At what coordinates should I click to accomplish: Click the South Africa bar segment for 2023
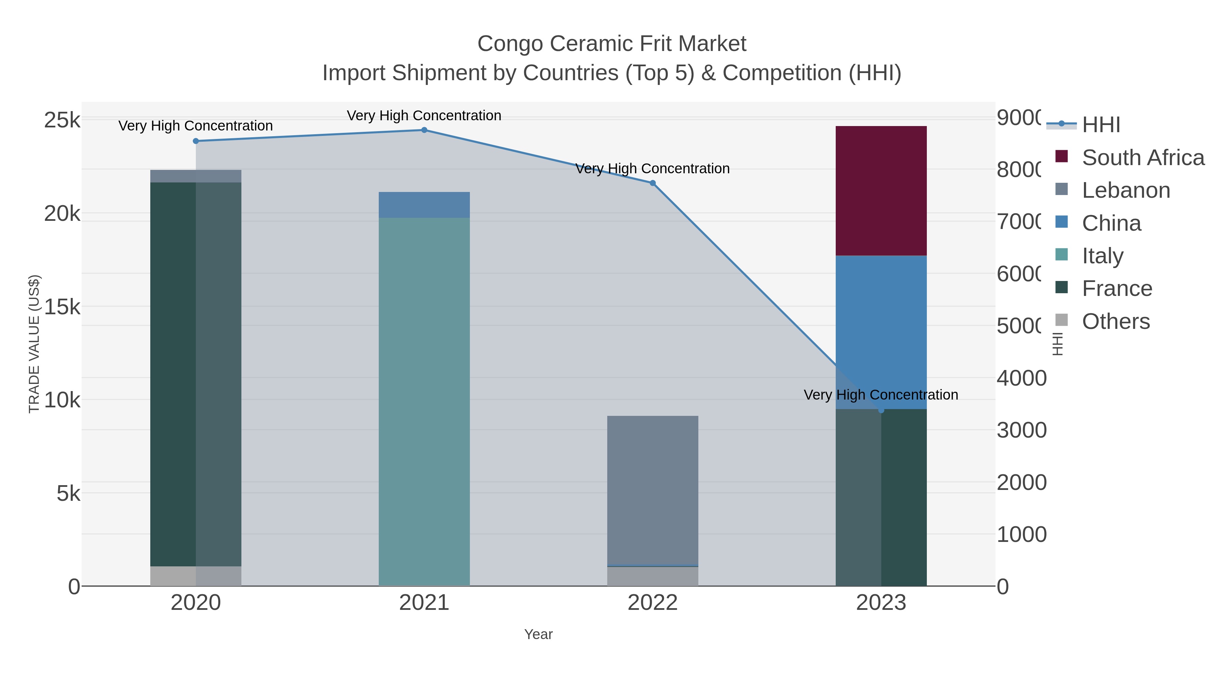click(881, 191)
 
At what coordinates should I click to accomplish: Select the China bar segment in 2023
click(881, 332)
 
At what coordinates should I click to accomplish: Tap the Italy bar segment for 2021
click(424, 401)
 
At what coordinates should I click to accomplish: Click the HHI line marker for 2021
click(424, 130)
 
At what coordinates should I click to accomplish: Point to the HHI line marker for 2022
click(652, 183)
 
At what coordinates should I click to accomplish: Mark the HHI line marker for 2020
click(196, 141)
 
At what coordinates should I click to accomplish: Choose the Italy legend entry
click(1102, 256)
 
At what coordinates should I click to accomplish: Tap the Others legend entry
click(1116, 321)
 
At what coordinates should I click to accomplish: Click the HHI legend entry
click(1101, 125)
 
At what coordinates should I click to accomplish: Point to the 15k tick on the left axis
click(62, 307)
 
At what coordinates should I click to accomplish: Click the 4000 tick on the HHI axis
click(1021, 378)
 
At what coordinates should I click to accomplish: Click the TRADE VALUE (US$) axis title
click(34, 344)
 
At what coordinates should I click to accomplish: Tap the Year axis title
click(538, 634)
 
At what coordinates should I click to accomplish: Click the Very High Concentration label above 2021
click(424, 116)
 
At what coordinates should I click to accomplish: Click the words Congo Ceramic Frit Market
click(612, 44)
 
